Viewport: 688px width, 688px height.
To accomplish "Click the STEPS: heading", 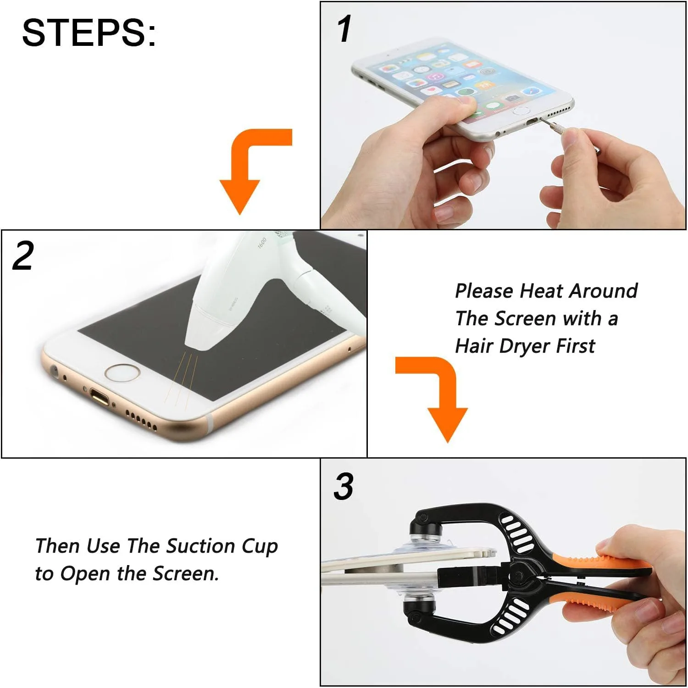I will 89,33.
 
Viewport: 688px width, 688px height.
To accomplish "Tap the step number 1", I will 344,29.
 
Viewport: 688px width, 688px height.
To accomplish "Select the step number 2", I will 23,256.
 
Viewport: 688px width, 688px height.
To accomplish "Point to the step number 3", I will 344,487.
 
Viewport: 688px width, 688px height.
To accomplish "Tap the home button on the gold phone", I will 122,372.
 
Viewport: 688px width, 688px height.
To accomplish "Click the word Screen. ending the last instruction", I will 186,574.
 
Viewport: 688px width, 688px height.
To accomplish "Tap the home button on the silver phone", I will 520,111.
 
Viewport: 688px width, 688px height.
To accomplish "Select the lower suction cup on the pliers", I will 420,601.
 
